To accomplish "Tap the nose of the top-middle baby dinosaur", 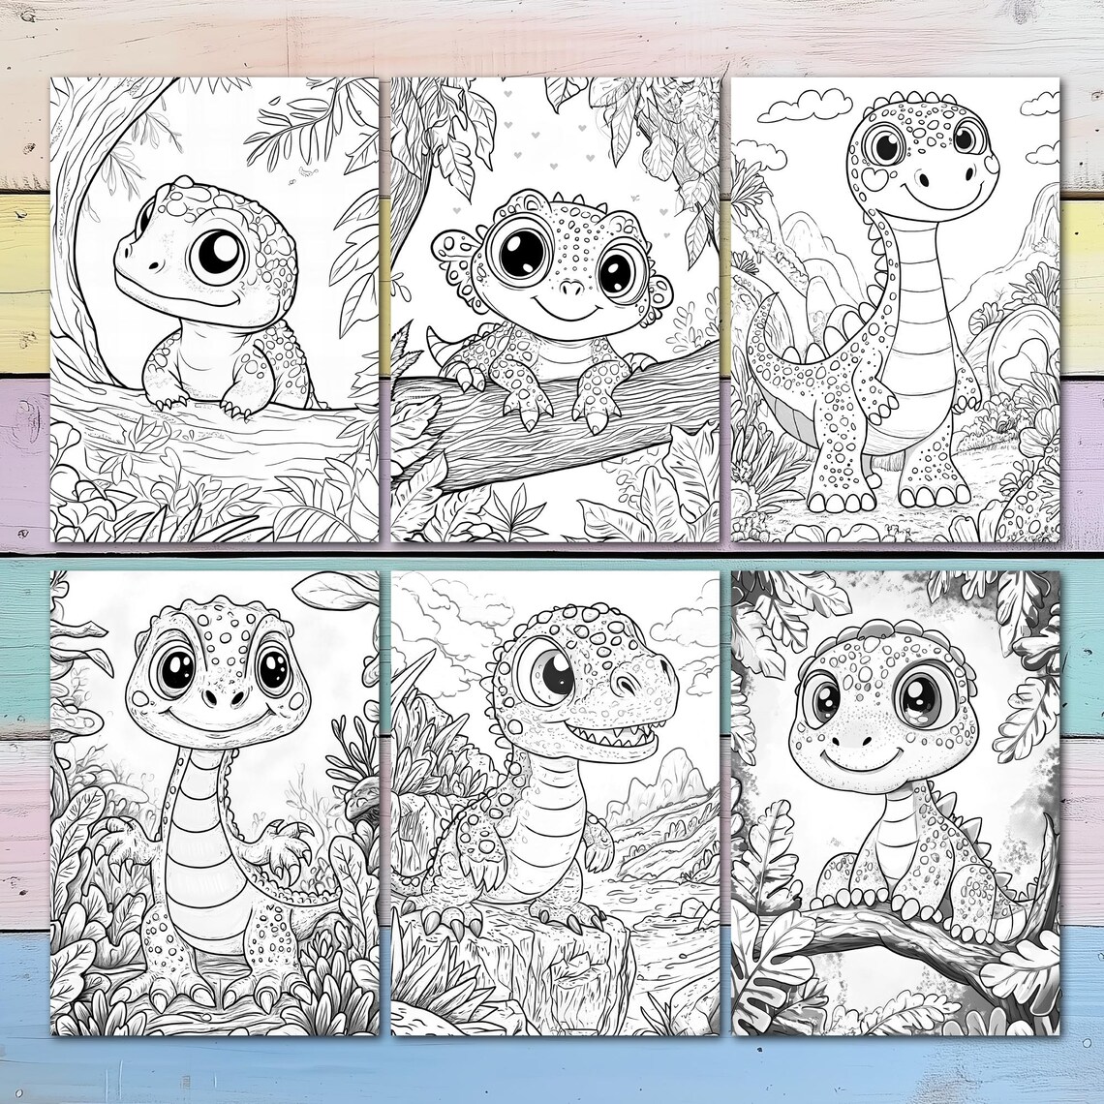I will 572,289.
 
